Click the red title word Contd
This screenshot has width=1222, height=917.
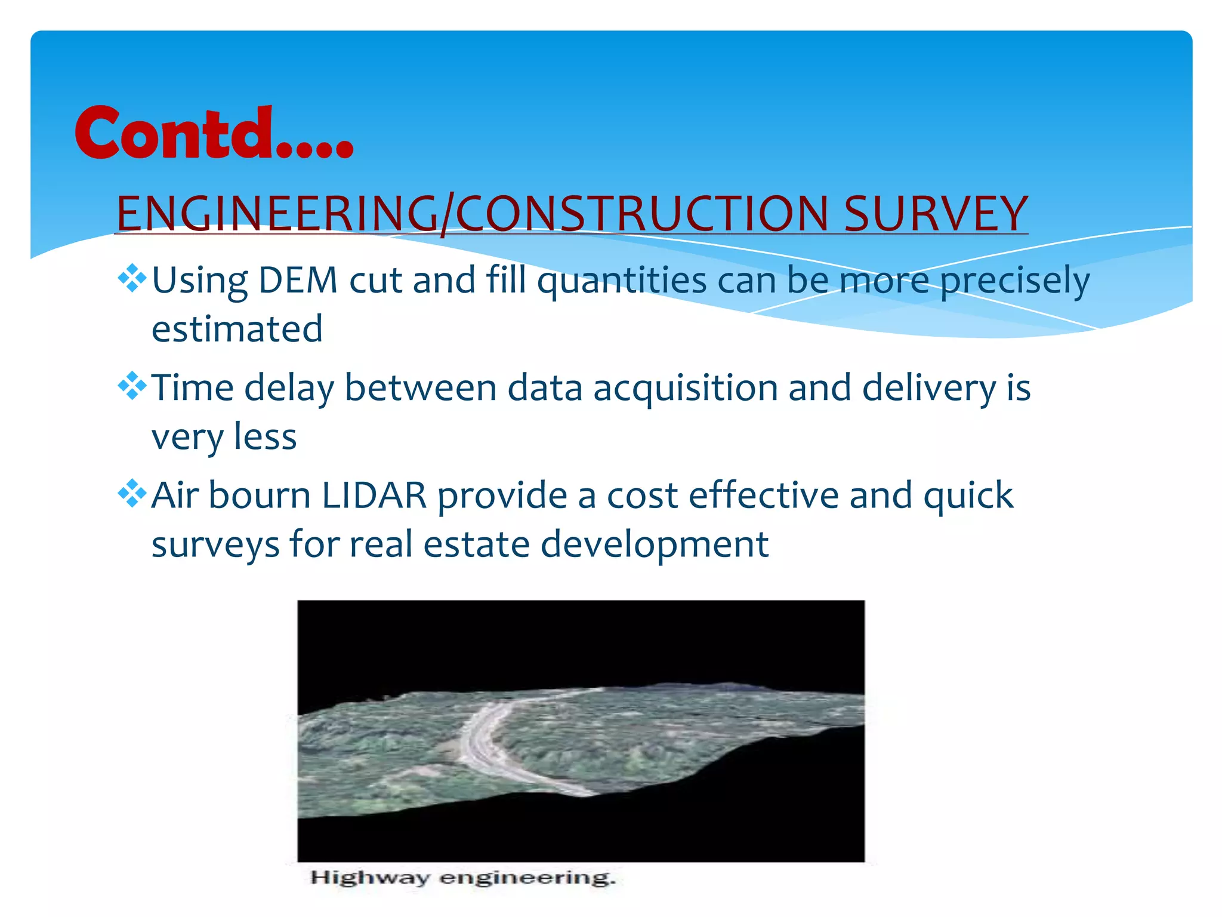213,133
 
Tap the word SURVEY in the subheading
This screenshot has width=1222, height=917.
935,214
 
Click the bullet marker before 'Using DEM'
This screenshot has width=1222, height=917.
132,278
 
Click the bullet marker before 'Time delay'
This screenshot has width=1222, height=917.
132,386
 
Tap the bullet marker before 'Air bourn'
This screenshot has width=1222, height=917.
132,494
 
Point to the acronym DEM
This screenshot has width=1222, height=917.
298,280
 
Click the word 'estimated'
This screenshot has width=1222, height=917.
237,329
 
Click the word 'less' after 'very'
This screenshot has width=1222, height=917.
265,437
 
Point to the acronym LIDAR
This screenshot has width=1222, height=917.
374,496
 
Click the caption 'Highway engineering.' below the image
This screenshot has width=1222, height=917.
462,878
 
